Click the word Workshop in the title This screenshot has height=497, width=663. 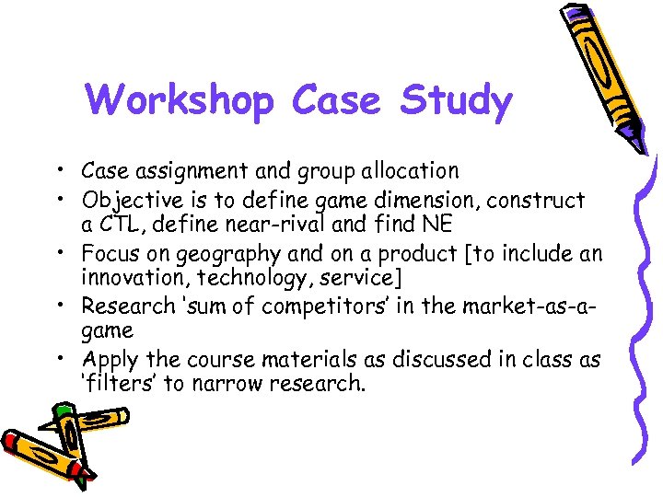180,101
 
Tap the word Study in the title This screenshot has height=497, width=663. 455,101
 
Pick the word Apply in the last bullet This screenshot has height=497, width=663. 107,359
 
